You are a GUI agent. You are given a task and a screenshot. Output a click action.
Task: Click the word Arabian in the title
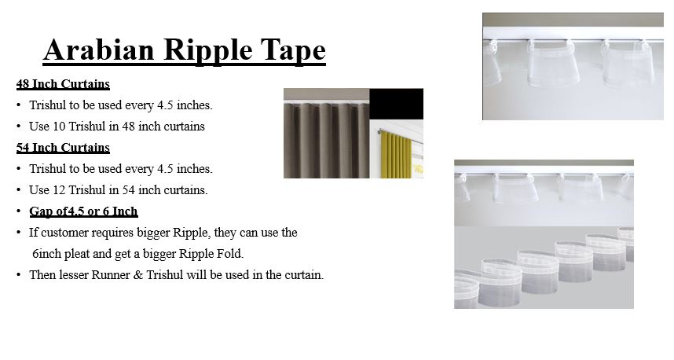point(98,50)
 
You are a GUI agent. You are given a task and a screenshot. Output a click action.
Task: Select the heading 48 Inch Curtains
point(63,84)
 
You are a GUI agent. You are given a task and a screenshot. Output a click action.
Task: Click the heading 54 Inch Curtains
point(63,148)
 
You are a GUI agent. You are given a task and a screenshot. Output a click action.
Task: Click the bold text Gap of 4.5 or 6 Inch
point(83,211)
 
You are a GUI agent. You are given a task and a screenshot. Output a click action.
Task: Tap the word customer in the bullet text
point(64,233)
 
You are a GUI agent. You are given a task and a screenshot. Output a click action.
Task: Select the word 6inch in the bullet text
point(47,254)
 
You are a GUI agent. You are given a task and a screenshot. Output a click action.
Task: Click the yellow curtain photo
point(397,149)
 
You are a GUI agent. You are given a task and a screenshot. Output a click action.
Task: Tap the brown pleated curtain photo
point(326,134)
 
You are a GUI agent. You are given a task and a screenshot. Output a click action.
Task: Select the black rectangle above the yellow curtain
point(397,104)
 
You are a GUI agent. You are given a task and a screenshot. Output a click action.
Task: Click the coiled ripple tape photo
point(544,267)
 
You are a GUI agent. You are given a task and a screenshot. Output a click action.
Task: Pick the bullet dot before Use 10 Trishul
point(19,127)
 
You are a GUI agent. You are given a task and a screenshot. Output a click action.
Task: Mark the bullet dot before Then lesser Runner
point(19,275)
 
